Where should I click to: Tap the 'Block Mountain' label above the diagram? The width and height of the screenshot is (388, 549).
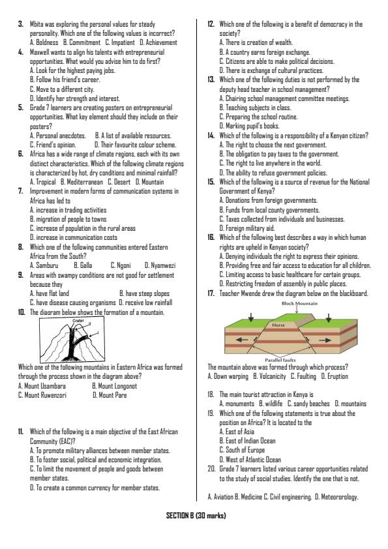click(x=299, y=303)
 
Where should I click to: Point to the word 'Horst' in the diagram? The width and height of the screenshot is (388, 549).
click(x=297, y=324)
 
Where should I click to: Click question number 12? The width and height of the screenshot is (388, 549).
click(x=211, y=23)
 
